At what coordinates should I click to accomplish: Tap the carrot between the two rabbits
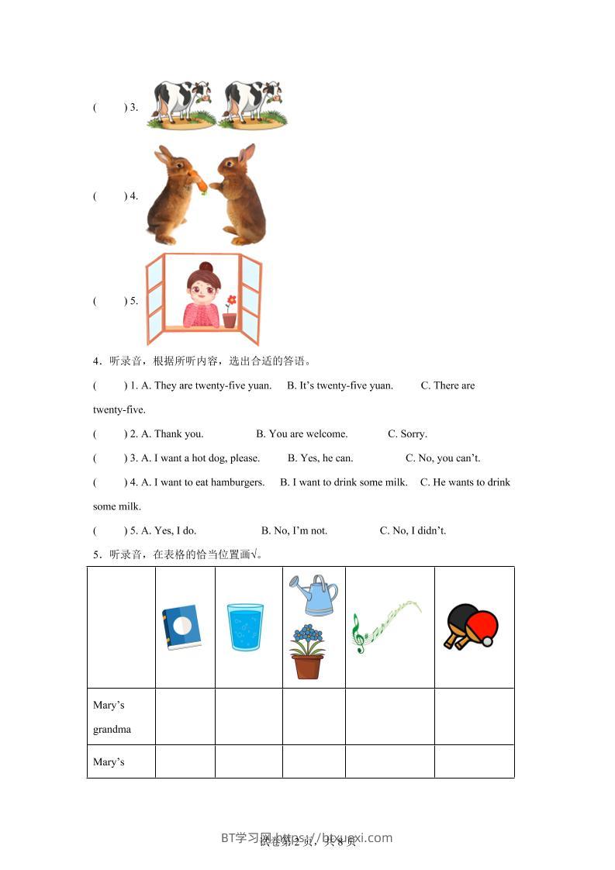[x=200, y=183]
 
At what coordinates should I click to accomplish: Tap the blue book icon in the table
[x=181, y=627]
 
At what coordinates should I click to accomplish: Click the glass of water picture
[x=245, y=627]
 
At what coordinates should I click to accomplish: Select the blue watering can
[x=313, y=595]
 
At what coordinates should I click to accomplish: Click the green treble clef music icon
[x=358, y=633]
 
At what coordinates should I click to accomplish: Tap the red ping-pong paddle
[x=481, y=625]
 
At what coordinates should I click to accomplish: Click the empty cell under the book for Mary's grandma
[x=185, y=716]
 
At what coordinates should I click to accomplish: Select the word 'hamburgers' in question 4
[x=240, y=482]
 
